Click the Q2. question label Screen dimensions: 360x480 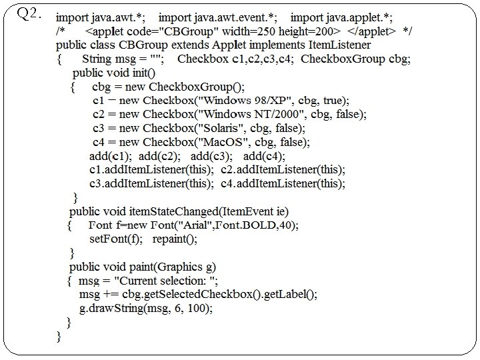coord(31,13)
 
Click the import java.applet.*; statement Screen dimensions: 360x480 coord(342,17)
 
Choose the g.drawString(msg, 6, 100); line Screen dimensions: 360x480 coord(145,308)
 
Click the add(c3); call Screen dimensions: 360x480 coord(211,156)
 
